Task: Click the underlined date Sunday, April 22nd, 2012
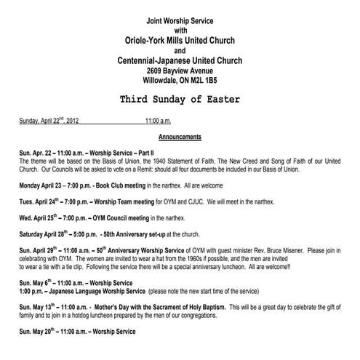50,121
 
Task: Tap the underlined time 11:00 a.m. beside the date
158,121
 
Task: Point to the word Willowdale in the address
159,81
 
